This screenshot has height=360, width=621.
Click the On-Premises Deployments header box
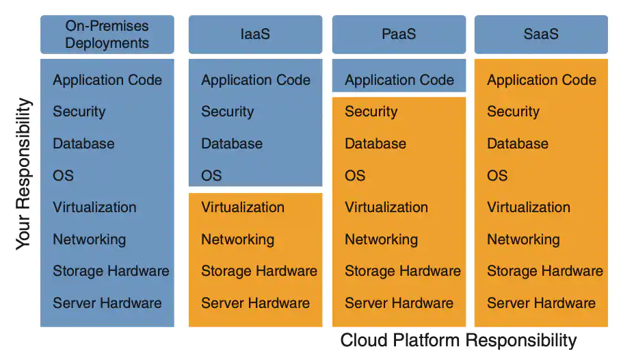point(107,34)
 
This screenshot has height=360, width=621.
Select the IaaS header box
point(255,34)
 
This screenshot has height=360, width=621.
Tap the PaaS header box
point(399,34)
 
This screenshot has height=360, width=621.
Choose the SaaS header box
point(540,34)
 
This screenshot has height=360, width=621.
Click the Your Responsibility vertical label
point(23,174)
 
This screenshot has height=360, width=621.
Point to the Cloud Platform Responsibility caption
point(458,340)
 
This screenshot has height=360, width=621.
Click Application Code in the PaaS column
point(399,80)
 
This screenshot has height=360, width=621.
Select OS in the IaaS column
point(211,175)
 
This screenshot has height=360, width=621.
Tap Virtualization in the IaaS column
point(242,207)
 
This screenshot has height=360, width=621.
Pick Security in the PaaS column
point(371,112)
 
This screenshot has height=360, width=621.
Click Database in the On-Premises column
point(83,144)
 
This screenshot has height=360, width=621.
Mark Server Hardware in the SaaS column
point(541,303)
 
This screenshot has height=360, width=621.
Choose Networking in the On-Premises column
point(89,240)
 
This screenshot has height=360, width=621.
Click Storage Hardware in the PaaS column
point(402,271)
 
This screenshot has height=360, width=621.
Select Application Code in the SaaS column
point(541,80)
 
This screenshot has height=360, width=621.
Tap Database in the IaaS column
point(231,144)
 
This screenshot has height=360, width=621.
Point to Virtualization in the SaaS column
point(528,207)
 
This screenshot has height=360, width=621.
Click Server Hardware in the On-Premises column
point(107,303)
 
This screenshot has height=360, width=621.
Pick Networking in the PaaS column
point(381,240)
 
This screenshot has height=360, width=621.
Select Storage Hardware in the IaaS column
point(259,271)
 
